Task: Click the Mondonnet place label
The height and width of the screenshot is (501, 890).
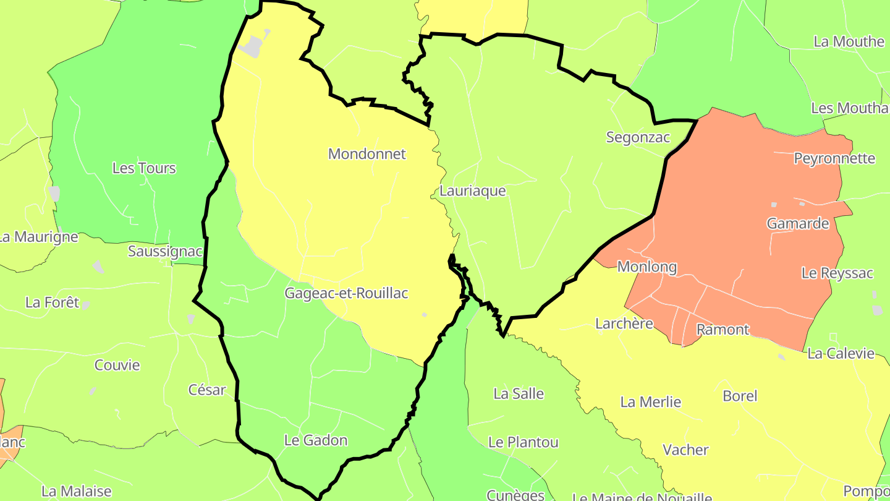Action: click(367, 154)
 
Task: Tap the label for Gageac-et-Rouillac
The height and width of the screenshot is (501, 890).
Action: click(346, 293)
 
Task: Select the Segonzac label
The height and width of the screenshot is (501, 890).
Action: click(638, 137)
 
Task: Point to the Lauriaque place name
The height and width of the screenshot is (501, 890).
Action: click(472, 191)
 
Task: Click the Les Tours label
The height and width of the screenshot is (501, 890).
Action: click(144, 168)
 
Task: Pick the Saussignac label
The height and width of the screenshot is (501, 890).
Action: click(165, 251)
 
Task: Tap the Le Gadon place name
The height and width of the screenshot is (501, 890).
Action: click(315, 440)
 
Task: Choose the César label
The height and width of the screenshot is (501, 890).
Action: click(207, 390)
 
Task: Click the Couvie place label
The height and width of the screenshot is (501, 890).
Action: click(117, 365)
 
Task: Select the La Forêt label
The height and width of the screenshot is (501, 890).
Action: click(53, 302)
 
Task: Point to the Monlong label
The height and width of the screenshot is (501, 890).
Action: click(647, 267)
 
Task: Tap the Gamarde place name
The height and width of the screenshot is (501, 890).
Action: click(798, 224)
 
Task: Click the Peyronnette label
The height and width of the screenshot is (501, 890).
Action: click(834, 158)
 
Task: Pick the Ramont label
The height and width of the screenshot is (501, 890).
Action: click(723, 330)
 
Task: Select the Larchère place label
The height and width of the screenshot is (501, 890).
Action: click(624, 323)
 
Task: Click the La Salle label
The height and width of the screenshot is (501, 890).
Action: click(519, 394)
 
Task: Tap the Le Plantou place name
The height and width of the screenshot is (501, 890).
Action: click(523, 442)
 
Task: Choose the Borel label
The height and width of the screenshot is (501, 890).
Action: click(740, 396)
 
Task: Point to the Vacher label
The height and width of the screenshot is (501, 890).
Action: click(685, 450)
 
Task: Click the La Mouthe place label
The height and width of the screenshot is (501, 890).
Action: click(849, 41)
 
